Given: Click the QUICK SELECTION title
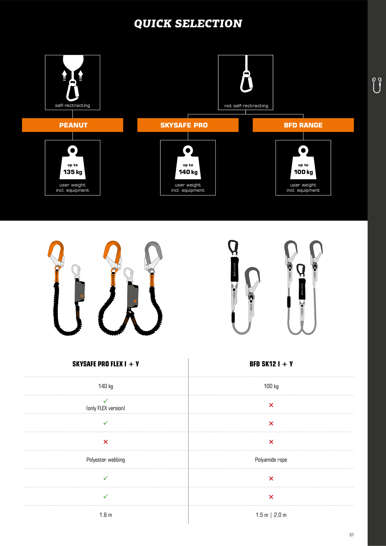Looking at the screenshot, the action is [x=188, y=24].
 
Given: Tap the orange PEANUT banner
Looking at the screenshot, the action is [x=73, y=125].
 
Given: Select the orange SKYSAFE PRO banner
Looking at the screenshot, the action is [x=188, y=125].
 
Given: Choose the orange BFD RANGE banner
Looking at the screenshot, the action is [x=303, y=125].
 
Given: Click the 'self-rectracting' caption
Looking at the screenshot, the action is [x=73, y=106].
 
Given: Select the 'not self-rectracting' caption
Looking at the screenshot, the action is [x=246, y=106].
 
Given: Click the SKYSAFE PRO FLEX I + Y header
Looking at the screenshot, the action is [x=106, y=364].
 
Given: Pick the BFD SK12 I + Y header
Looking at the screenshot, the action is [x=271, y=364].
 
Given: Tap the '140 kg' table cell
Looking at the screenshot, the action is [x=106, y=386].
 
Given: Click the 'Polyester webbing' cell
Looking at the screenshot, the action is [x=106, y=460].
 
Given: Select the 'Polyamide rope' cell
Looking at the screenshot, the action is [x=271, y=460].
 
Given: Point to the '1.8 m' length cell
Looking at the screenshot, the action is [x=106, y=515].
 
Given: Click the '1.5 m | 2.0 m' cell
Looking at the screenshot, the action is [x=271, y=515].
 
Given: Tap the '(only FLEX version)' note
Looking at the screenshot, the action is [x=106, y=408].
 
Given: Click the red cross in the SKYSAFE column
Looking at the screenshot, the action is [x=106, y=442].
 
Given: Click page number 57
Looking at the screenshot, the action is [x=351, y=535].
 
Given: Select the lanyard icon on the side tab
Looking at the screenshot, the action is [x=377, y=85].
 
